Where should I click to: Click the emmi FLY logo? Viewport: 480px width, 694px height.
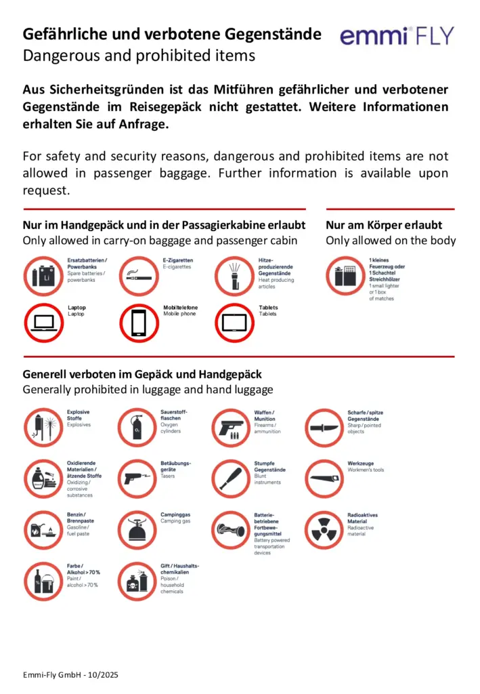397,36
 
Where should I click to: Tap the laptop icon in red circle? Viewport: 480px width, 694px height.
43,321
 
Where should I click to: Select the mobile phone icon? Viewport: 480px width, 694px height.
139,321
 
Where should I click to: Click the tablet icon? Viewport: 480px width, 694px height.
234,321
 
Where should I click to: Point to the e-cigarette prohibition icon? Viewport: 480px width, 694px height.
139,274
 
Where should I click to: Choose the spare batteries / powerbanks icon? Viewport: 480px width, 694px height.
43,274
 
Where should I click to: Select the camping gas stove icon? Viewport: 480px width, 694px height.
138,530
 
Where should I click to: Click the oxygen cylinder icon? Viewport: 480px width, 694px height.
138,428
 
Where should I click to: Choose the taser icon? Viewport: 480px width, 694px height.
138,478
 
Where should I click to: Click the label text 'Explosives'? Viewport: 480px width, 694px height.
79,425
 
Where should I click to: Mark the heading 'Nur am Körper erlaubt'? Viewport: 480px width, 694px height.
384,225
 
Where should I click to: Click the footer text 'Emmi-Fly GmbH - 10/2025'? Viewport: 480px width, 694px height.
70,676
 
